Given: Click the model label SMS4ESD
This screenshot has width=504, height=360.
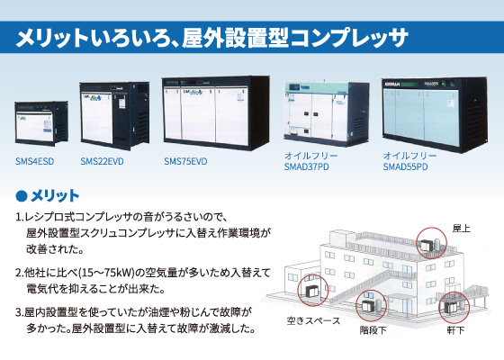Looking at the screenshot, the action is pyautogui.click(x=34, y=161).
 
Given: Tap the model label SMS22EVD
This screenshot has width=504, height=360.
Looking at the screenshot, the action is pyautogui.click(x=102, y=161).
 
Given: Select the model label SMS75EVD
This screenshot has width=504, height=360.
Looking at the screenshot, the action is pyautogui.click(x=185, y=161).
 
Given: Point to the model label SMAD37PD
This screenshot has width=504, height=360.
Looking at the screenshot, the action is pyautogui.click(x=306, y=167).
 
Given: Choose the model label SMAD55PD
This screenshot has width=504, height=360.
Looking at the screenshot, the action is pyautogui.click(x=405, y=167).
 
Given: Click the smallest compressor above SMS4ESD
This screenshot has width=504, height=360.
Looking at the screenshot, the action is pyautogui.click(x=41, y=123).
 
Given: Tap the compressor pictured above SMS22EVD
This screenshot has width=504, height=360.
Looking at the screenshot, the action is pyautogui.click(x=114, y=116).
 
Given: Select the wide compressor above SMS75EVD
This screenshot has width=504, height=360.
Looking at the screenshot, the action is pyautogui.click(x=216, y=113).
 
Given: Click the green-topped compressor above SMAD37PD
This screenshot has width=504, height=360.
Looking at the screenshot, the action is pyautogui.click(x=327, y=114).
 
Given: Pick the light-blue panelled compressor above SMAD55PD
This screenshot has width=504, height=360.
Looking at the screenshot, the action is pyautogui.click(x=434, y=115).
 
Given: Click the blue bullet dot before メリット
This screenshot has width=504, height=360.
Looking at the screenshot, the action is pyautogui.click(x=22, y=196).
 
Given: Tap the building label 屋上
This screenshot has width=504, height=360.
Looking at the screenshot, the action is pyautogui.click(x=461, y=229).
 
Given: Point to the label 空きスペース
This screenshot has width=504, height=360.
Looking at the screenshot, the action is pyautogui.click(x=313, y=320).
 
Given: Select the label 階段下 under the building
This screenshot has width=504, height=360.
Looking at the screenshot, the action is pyautogui.click(x=373, y=330).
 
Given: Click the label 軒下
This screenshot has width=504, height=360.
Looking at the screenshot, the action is pyautogui.click(x=455, y=330).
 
